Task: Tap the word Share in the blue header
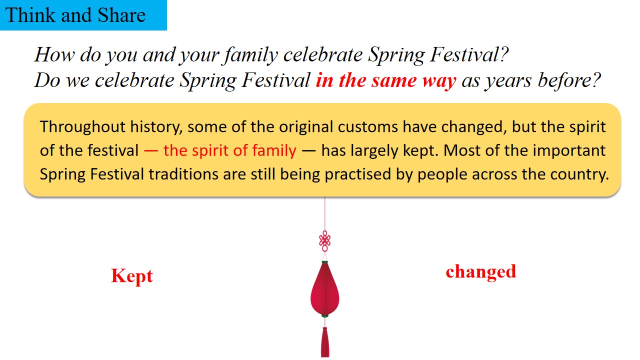pos(121,15)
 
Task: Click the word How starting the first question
pos(54,54)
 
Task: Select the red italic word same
pos(394,80)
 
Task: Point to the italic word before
pos(569,80)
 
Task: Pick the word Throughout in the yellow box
pos(82,127)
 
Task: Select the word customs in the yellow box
pos(367,127)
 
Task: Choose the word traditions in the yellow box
pos(183,174)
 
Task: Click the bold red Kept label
pos(132,276)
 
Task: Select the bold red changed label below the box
pos(481,272)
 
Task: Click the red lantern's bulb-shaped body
pos(325,289)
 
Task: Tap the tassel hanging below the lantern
pos(325,342)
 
